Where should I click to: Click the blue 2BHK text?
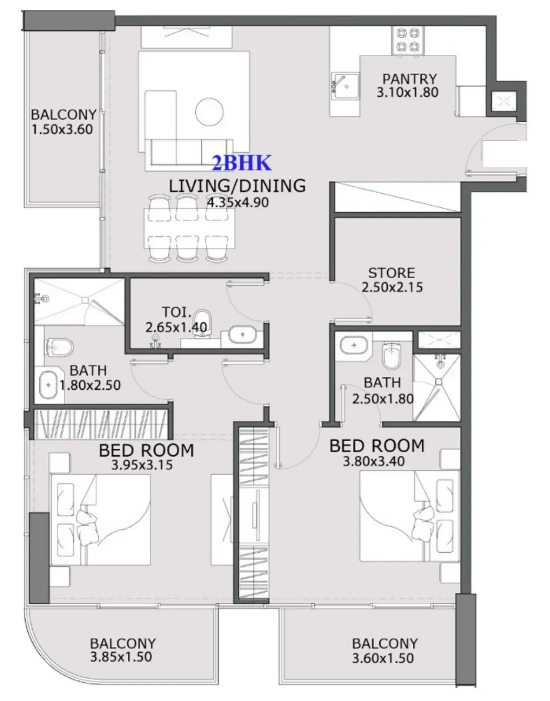pyautogui.click(x=242, y=163)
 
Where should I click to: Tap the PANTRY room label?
pyautogui.click(x=409, y=78)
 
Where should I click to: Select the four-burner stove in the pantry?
pyautogui.click(x=408, y=40)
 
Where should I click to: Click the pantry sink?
pyautogui.click(x=345, y=86)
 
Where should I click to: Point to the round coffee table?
pyautogui.click(x=209, y=111)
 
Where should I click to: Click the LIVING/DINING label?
pyautogui.click(x=237, y=186)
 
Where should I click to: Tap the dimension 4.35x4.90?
pyautogui.click(x=238, y=202)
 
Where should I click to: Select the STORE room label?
pyautogui.click(x=392, y=273)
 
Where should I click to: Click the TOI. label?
pyautogui.click(x=177, y=312)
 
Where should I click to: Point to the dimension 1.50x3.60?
pyautogui.click(x=62, y=129)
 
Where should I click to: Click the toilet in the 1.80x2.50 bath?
pyautogui.click(x=59, y=348)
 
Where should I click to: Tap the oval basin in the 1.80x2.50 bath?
pyautogui.click(x=48, y=385)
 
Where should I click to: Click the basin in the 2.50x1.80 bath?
pyautogui.click(x=354, y=345)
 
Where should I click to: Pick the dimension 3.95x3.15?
pyautogui.click(x=142, y=465)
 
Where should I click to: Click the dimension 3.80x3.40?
pyautogui.click(x=373, y=461)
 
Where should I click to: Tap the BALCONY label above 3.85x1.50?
pyautogui.click(x=123, y=643)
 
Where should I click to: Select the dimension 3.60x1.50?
pyautogui.click(x=383, y=658)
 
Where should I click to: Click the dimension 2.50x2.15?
pyautogui.click(x=392, y=287)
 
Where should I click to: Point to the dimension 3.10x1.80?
pyautogui.click(x=407, y=92)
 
